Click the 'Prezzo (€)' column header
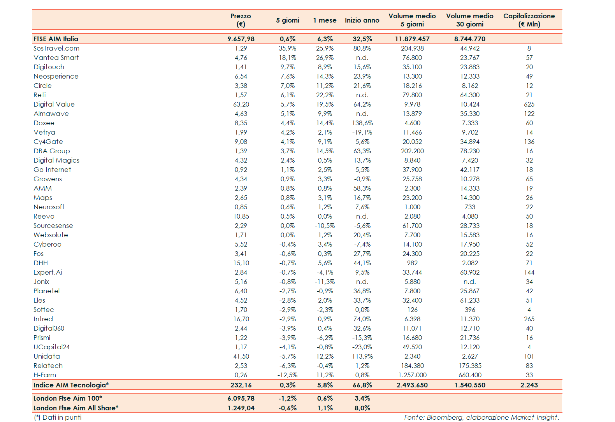[241, 20]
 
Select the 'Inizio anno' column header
[362, 20]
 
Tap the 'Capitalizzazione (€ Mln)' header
[529, 20]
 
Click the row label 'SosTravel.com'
[56, 48]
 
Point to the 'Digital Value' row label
[54, 104]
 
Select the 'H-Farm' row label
[45, 375]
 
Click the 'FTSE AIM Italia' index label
[56, 39]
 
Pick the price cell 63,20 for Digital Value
[241, 104]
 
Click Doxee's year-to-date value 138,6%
[362, 123]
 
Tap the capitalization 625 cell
[529, 104]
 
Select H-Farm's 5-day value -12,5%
[287, 375]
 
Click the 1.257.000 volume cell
[412, 375]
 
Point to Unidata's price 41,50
[241, 356]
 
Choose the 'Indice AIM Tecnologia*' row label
[71, 385]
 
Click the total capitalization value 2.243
[529, 385]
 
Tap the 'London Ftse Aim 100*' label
[68, 398]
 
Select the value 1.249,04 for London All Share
[241, 408]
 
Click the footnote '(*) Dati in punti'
[58, 417]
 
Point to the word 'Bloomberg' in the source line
[445, 417]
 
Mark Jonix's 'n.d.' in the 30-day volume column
[469, 282]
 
